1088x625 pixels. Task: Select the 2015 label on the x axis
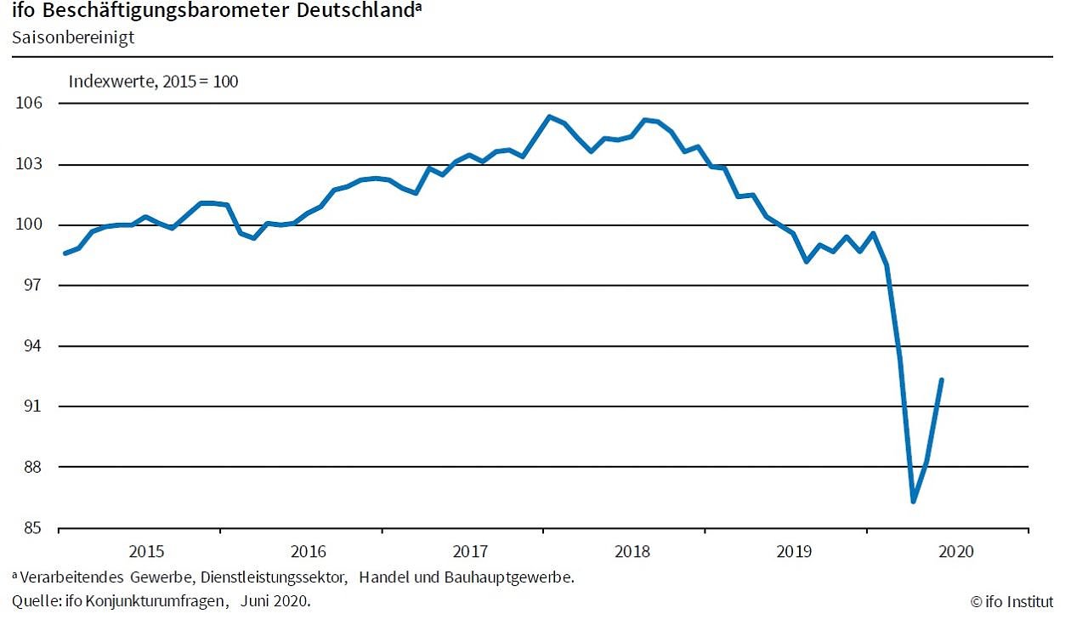[146, 551]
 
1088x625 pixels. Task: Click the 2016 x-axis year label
[308, 551]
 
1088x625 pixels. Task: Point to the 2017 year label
[470, 551]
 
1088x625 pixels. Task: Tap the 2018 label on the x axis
[632, 551]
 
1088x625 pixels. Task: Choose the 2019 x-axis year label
[794, 551]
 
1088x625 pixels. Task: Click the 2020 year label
[955, 551]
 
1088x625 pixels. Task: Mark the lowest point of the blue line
[914, 502]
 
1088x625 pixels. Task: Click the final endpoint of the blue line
[941, 379]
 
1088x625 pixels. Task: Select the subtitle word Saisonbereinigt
[73, 37]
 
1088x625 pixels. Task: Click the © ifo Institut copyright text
[1011, 602]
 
